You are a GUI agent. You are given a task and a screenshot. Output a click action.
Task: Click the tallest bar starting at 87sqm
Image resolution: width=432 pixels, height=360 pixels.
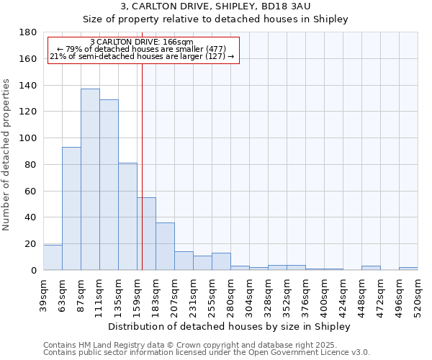[x=90, y=179]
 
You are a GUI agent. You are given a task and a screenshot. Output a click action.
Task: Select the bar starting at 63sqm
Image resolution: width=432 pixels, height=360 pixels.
[x=71, y=208]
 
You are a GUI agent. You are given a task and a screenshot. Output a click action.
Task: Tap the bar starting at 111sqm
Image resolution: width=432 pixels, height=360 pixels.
[x=109, y=184]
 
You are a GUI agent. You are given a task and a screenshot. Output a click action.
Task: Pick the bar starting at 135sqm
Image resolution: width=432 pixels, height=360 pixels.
[x=127, y=216]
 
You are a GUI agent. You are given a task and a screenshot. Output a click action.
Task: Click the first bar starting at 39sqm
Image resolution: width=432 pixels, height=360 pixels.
[x=53, y=257]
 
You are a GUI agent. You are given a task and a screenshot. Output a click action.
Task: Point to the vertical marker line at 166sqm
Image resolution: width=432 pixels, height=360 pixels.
[x=142, y=166]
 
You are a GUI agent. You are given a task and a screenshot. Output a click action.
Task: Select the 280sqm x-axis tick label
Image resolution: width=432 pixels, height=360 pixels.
[x=230, y=297]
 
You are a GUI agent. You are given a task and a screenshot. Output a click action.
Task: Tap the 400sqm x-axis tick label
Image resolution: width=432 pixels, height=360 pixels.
[x=324, y=297]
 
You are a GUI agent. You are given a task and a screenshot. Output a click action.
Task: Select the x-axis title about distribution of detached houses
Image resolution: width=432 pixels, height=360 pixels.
[x=230, y=326]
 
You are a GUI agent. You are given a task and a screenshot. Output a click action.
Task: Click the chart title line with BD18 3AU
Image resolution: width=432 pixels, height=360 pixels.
[x=215, y=6]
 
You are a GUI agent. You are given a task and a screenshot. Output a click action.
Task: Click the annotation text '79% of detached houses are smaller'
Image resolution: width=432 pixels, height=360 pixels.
[x=142, y=49]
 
